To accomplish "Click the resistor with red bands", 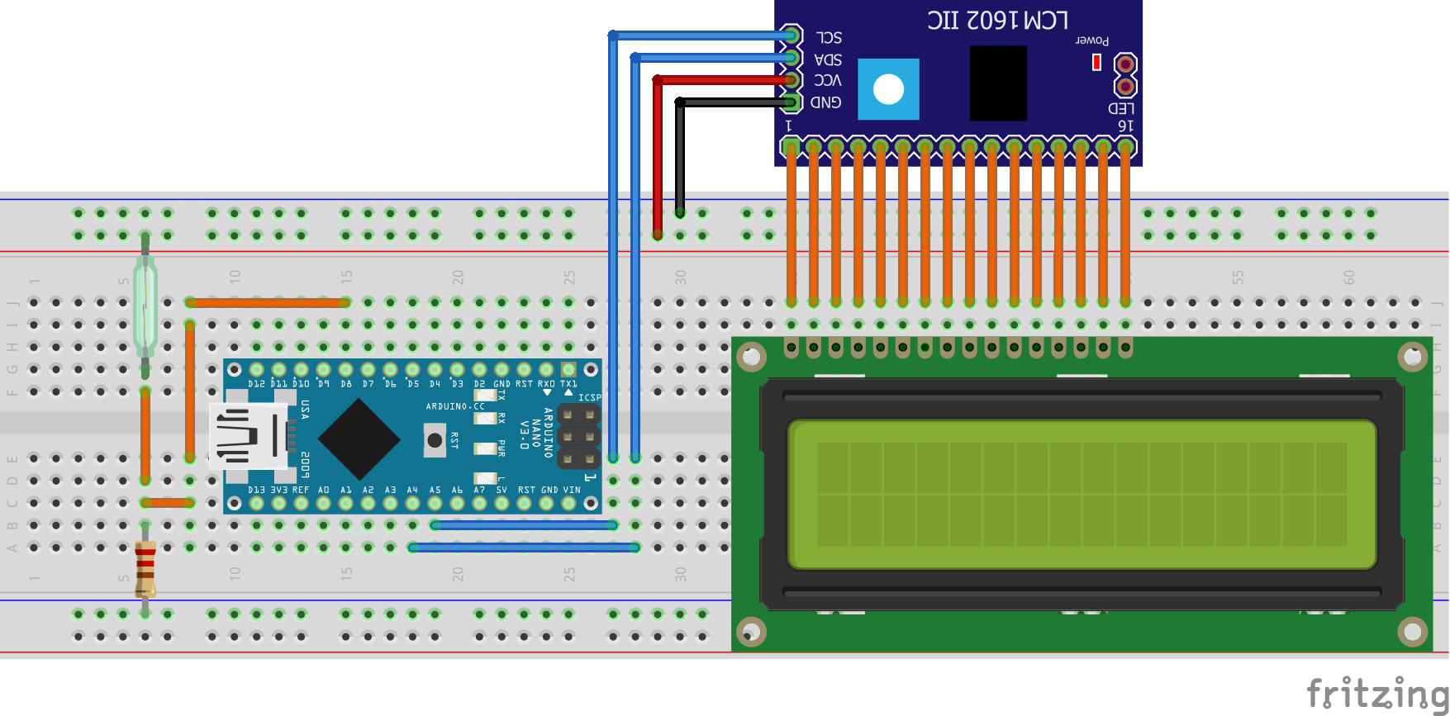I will (145, 568).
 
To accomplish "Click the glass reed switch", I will (145, 306).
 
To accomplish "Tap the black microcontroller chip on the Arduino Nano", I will (359, 439).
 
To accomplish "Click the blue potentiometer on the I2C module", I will (888, 89).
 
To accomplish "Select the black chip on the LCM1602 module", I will (998, 83).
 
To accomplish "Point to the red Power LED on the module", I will (1096, 63).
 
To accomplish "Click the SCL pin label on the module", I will (828, 38).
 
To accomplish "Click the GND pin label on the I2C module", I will (825, 102).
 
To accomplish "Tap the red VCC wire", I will (658, 157).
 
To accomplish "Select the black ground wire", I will (680, 157).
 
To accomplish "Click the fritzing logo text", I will (1376, 692).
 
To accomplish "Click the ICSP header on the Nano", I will (578, 435).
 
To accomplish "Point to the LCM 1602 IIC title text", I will (997, 20).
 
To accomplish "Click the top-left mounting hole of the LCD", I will (750, 358).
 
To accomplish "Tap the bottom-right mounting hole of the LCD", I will (1412, 633).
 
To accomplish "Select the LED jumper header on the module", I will (1124, 75).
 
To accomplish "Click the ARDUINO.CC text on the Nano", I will (455, 406).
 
